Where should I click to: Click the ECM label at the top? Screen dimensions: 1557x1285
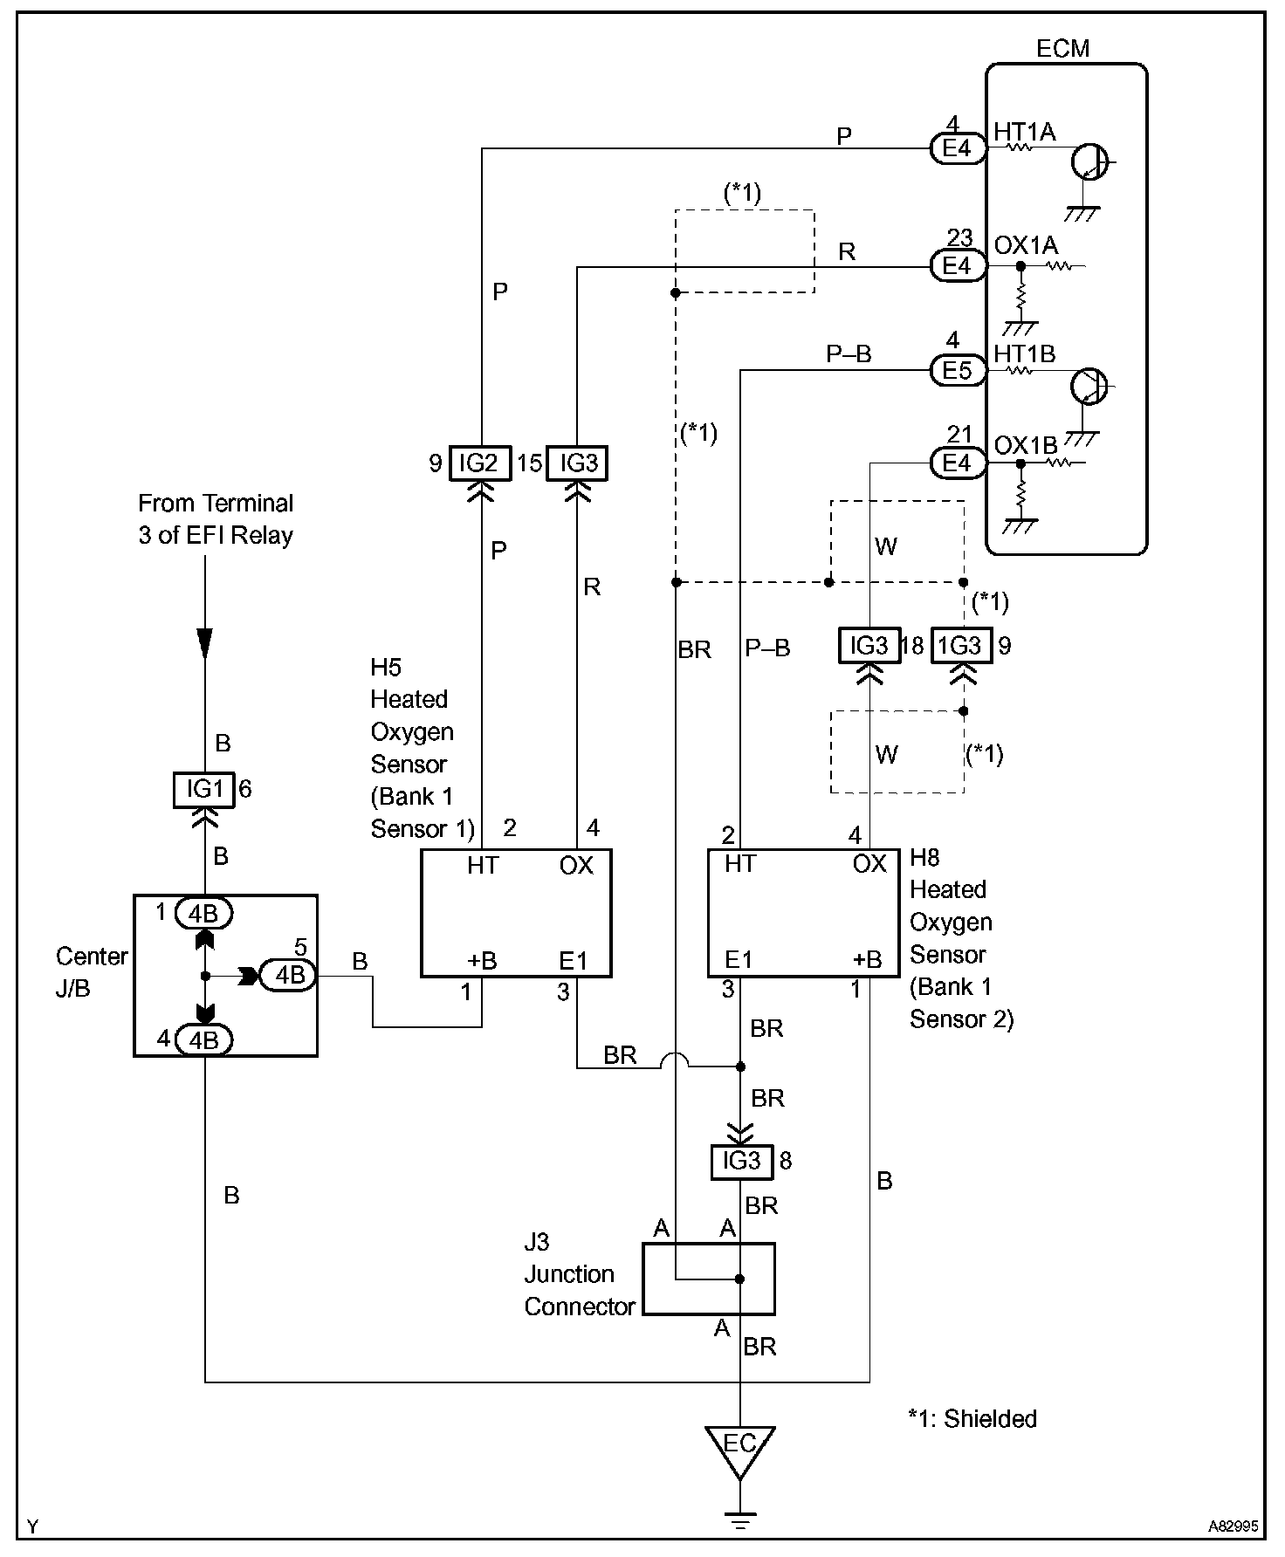1062,48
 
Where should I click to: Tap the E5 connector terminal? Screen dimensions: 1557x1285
956,371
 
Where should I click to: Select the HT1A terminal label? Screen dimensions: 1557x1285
1024,133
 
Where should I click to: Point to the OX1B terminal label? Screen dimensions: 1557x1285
1025,446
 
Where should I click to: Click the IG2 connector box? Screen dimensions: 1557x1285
478,463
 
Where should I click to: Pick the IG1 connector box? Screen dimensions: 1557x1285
204,790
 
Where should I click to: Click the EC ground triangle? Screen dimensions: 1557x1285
739,1446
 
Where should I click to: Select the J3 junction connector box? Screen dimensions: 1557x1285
708,1279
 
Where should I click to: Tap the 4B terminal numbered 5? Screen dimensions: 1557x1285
289,975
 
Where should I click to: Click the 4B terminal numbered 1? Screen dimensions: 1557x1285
203,914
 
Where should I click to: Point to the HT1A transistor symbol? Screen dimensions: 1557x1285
1089,162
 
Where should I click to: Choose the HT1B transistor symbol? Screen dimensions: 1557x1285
1089,385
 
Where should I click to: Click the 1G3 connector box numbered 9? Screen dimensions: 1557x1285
961,646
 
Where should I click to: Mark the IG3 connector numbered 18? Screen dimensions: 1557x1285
869,646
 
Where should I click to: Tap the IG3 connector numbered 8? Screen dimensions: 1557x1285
740,1161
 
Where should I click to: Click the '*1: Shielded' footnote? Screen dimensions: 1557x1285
972,1419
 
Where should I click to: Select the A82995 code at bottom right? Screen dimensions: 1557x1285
1233,1527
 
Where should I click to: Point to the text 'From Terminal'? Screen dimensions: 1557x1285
216,504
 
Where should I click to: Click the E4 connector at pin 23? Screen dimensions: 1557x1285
956,266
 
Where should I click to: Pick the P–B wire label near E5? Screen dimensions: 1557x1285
849,354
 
